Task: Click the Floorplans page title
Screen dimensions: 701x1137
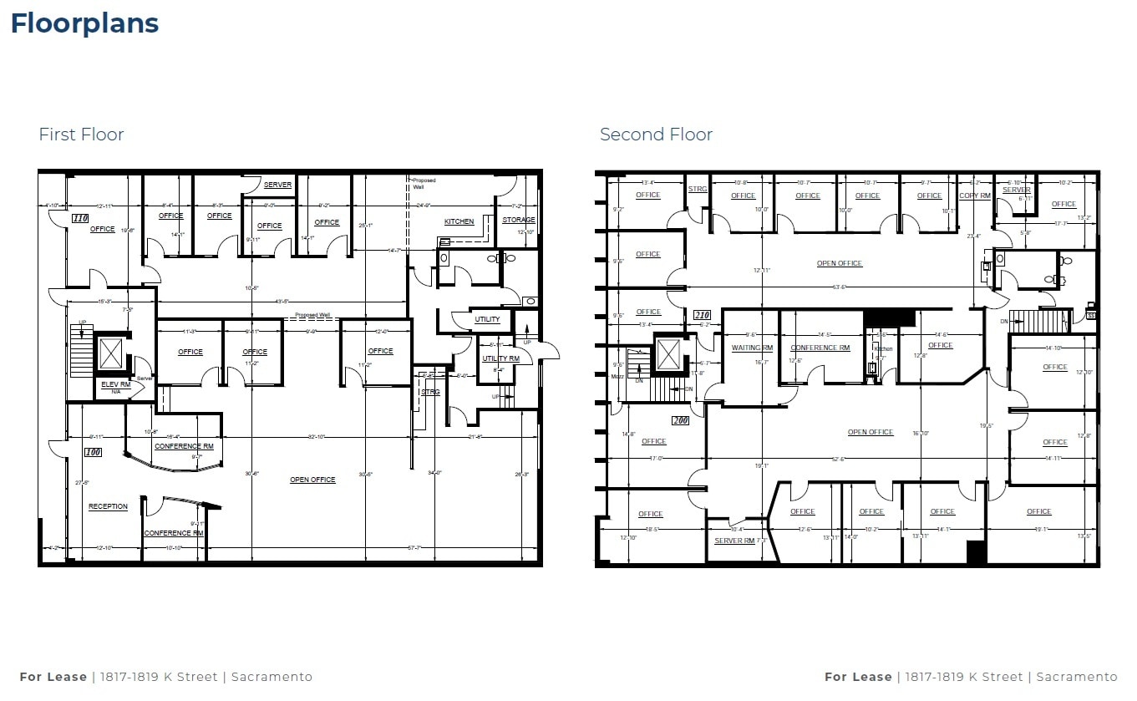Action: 84,23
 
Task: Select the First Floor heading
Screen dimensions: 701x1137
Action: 81,135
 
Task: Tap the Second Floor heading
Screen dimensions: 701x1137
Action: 656,135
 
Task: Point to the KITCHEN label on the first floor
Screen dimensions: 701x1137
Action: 459,221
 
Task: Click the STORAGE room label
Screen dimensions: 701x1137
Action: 518,220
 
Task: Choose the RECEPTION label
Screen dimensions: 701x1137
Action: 109,506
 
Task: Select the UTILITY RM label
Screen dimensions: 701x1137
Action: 500,358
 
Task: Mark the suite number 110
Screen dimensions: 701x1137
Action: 80,218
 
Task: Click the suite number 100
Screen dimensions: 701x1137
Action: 93,452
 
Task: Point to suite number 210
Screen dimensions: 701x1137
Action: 702,315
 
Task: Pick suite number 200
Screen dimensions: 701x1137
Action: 680,420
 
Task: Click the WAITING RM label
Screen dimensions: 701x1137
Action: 752,348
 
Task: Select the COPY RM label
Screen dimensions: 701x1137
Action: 974,196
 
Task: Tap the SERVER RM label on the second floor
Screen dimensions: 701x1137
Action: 734,541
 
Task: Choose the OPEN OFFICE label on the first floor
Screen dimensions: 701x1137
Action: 312,480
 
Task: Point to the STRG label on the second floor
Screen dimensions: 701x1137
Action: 698,189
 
